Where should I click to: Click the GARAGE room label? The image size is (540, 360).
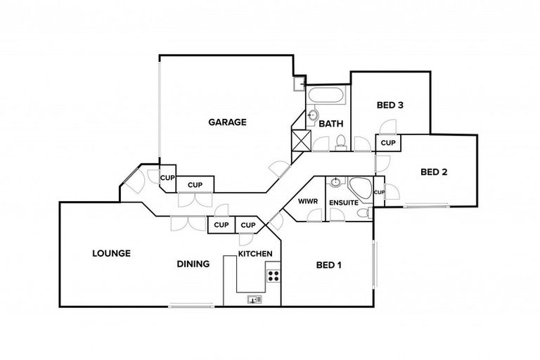226,122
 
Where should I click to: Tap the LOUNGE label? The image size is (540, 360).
111,253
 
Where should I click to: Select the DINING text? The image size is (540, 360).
193,264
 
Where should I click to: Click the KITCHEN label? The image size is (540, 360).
254,253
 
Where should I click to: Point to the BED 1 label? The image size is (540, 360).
328,265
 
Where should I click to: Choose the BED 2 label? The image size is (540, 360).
434,171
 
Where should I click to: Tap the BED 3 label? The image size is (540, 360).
390,105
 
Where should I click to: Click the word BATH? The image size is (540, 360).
330,124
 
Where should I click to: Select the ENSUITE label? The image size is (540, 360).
342,202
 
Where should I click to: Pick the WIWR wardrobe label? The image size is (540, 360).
309,202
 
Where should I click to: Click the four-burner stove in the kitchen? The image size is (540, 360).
273,276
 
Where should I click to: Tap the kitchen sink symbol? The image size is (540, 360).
254,299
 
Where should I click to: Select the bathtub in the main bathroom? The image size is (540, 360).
326,96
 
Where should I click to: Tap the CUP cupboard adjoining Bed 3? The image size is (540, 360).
388,143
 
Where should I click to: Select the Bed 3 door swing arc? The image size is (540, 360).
386,127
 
